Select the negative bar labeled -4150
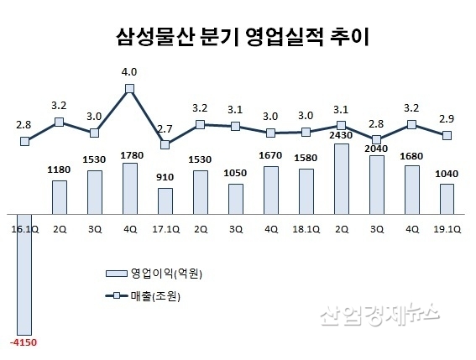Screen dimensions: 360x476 (24, 274)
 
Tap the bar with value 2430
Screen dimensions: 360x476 (341, 179)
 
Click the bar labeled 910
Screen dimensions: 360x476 (165, 201)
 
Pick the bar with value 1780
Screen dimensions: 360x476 (130, 188)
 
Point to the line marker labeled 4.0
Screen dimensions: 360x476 (130, 87)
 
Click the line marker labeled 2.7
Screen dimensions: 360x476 (165, 144)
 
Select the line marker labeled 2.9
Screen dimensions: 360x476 (447, 135)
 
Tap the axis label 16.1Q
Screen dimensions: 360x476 (24, 226)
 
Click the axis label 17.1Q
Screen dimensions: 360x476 (165, 226)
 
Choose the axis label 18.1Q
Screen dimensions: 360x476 (306, 226)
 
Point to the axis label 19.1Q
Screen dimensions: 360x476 (447, 226)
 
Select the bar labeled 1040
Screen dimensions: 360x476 (447, 199)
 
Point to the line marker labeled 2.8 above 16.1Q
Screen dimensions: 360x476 (24, 142)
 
